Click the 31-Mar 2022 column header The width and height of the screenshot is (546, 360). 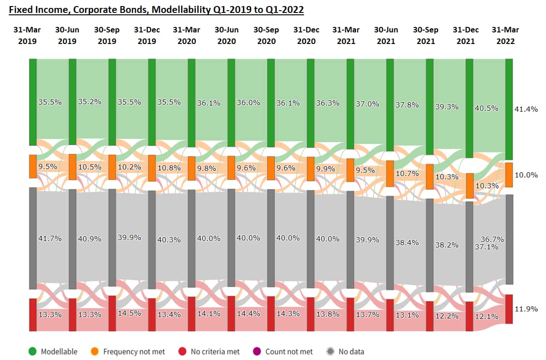point(505,35)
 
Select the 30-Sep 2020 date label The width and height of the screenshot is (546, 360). point(266,35)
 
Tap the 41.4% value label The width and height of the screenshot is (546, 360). point(526,109)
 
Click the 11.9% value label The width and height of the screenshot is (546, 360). point(526,309)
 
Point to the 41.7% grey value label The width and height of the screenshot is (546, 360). point(50,238)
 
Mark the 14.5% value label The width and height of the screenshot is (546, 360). point(130,313)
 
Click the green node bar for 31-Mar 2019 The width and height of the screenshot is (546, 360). point(32,102)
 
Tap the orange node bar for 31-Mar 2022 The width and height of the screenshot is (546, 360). point(509,175)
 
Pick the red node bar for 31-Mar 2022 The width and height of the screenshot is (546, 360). point(509,309)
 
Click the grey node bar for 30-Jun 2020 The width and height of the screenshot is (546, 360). point(231,238)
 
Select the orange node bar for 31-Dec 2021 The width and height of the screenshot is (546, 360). point(470,186)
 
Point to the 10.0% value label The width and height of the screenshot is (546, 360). point(526,175)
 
